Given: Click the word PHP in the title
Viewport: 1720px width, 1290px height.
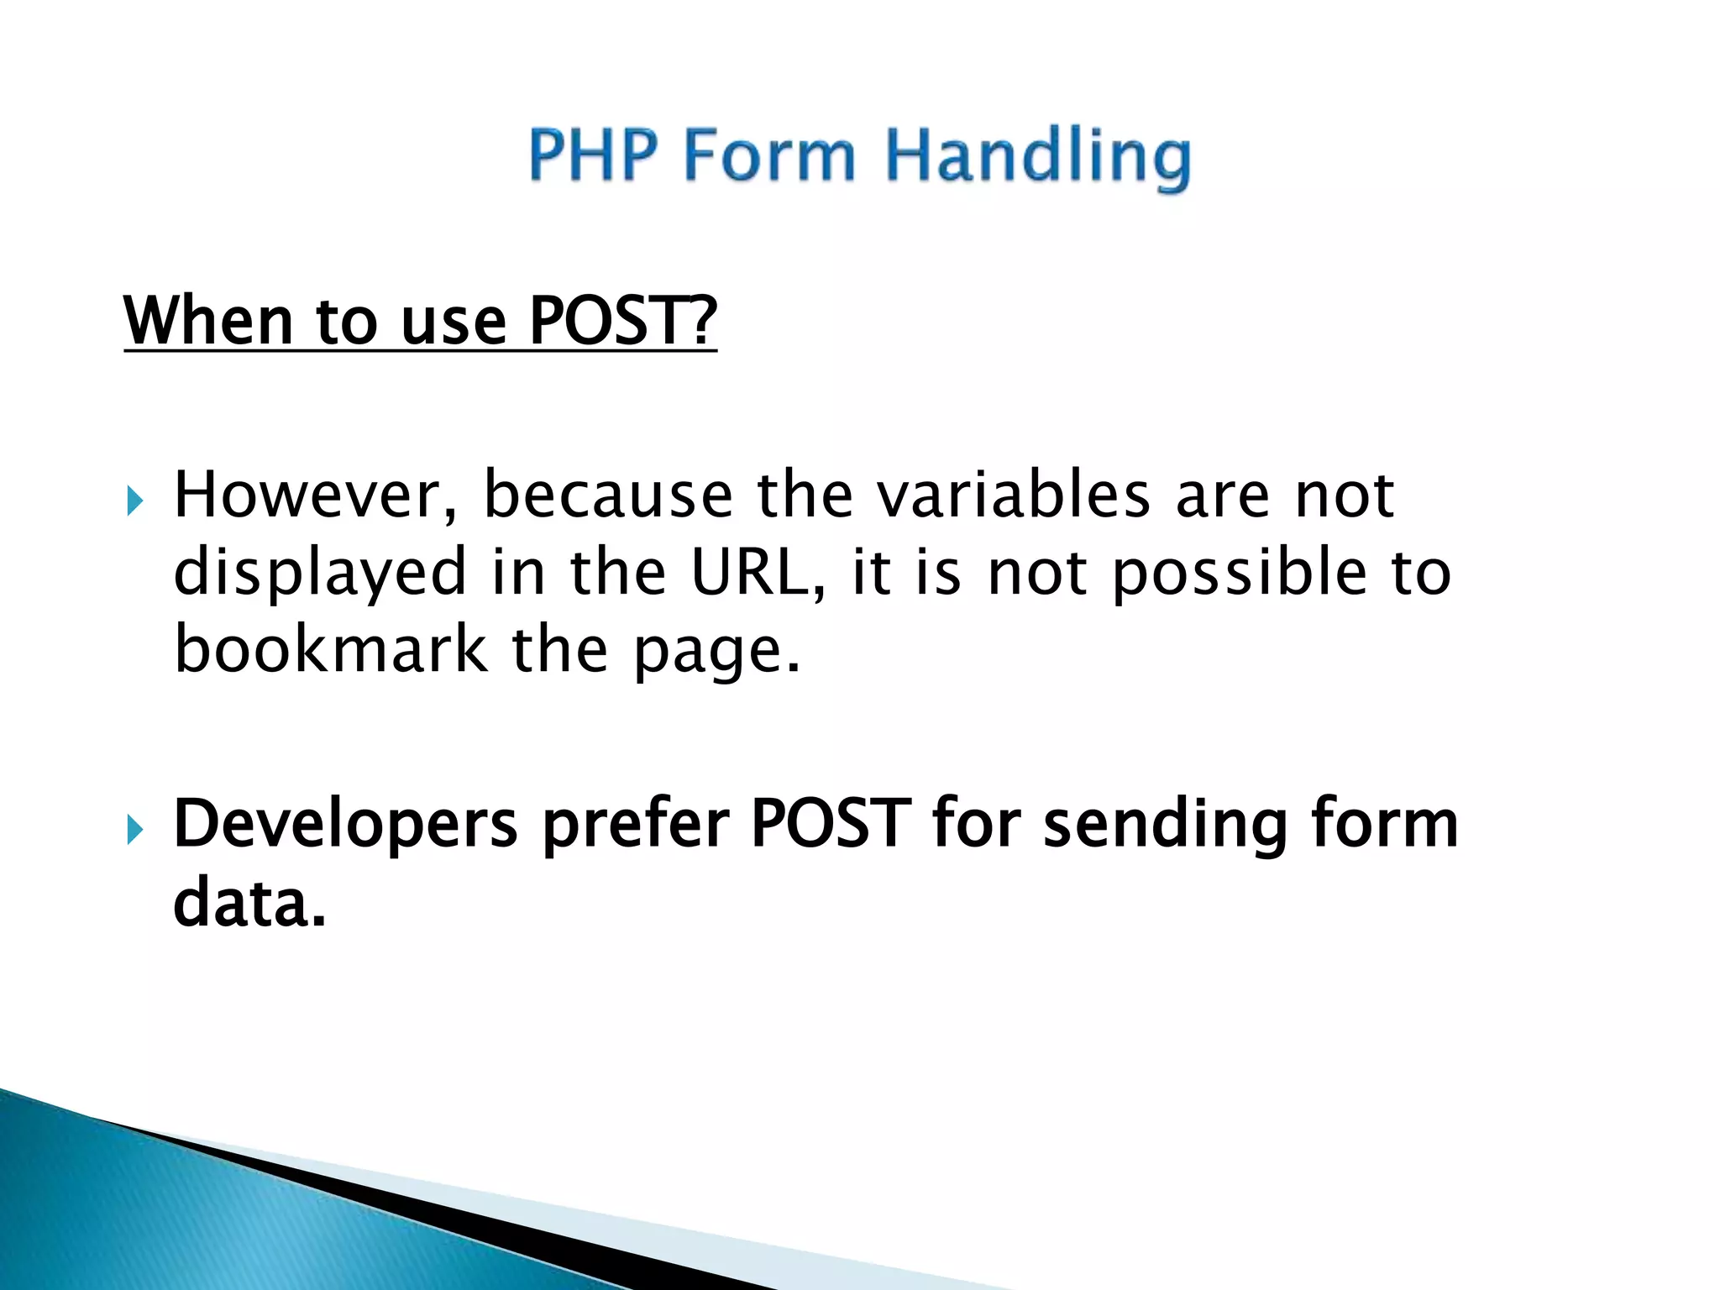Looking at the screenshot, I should click(x=593, y=155).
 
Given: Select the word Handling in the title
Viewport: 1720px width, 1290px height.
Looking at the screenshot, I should click(x=1038, y=157).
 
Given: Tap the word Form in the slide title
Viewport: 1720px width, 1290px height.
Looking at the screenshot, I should click(x=769, y=155).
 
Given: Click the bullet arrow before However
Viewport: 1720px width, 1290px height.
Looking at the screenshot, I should click(x=135, y=501).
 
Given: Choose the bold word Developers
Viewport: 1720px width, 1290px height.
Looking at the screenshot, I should click(x=345, y=826).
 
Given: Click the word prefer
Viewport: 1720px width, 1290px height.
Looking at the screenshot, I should click(x=636, y=826).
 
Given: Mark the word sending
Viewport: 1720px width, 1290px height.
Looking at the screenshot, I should click(x=1165, y=826).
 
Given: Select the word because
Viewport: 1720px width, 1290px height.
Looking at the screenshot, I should click(x=608, y=496).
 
